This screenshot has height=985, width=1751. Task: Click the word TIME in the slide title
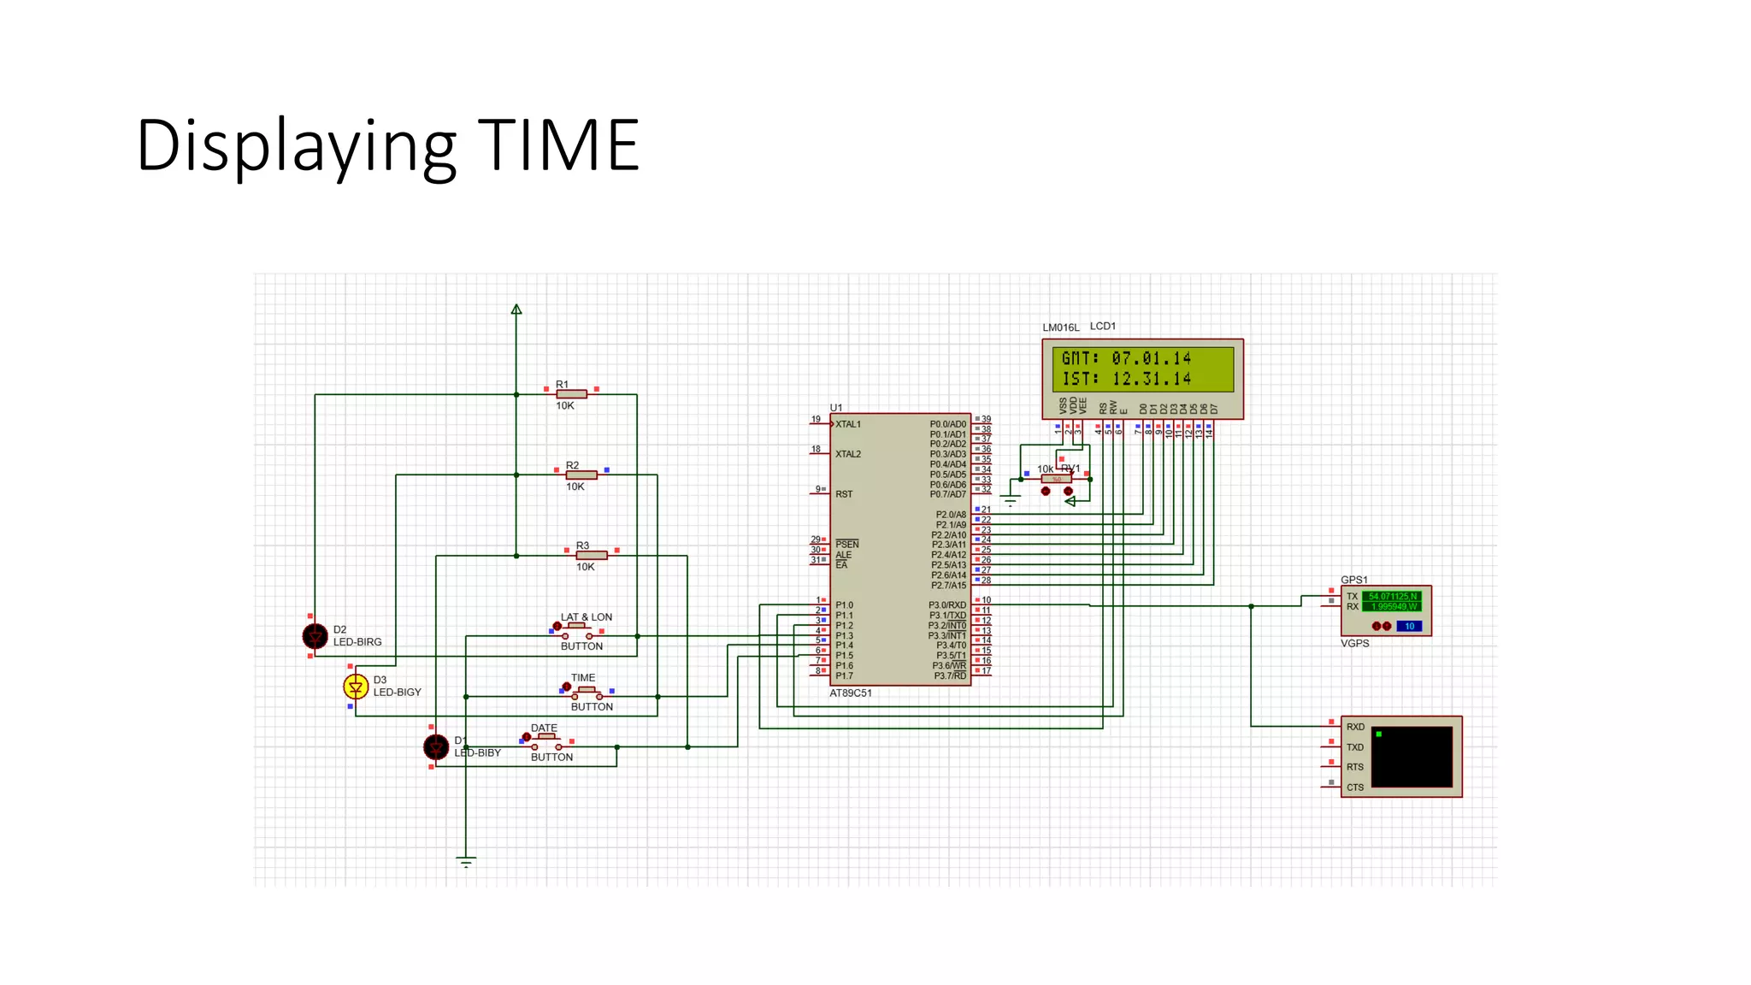(x=558, y=145)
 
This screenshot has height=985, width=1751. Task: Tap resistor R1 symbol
(x=571, y=394)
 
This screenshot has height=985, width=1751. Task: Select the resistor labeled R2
(x=581, y=475)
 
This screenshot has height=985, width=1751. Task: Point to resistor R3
(x=591, y=556)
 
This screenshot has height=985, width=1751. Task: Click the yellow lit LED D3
(x=356, y=687)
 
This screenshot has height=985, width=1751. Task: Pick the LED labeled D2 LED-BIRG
(x=315, y=636)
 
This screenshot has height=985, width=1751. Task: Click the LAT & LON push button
(x=577, y=631)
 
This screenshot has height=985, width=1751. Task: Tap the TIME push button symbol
(x=587, y=692)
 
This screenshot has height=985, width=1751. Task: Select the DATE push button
(x=546, y=741)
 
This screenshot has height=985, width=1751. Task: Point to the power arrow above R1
(x=516, y=310)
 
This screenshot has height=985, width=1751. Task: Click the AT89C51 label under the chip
(x=851, y=693)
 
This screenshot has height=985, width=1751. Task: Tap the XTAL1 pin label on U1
(x=848, y=424)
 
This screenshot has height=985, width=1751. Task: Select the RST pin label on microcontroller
(x=844, y=494)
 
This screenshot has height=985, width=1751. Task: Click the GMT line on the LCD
(x=1126, y=358)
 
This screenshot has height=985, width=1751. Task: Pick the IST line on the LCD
(x=1126, y=379)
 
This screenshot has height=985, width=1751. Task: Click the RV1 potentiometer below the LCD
(x=1057, y=480)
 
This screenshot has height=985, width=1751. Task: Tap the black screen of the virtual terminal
(x=1412, y=757)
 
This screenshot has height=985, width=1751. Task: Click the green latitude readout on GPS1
(x=1392, y=596)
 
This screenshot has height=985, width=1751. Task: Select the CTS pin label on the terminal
(x=1355, y=787)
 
